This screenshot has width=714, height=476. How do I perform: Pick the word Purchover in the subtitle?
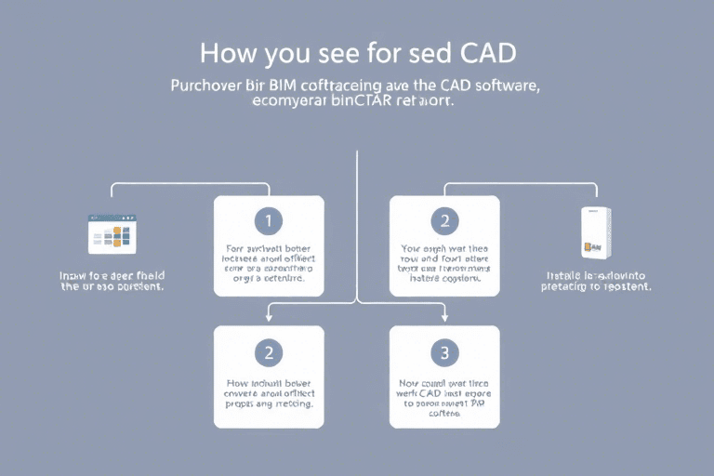[205, 86]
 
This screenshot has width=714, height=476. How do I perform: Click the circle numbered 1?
[269, 221]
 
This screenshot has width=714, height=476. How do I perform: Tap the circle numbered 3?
[444, 352]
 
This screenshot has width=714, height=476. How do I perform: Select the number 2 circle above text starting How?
[269, 352]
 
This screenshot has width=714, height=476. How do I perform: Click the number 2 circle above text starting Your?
[444, 221]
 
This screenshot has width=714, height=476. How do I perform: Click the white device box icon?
[595, 232]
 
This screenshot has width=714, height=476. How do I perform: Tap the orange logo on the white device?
[588, 247]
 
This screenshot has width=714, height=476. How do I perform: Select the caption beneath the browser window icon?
[112, 281]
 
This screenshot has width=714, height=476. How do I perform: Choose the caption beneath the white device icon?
[595, 281]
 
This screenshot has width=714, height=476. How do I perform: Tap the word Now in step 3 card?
[409, 382]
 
